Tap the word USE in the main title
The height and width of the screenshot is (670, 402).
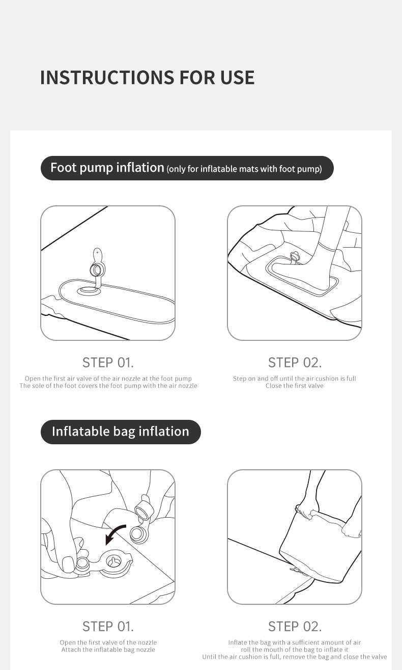coord(238,77)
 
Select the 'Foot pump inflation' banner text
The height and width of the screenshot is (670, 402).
coord(107,168)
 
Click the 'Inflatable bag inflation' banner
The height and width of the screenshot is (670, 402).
coord(121,432)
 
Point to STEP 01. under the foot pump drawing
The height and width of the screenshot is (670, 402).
coord(108,363)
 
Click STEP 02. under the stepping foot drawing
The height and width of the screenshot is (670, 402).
coord(295,363)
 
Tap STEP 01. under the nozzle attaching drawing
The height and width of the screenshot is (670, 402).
coord(108,626)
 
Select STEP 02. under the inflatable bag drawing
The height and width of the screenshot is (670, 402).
coord(295,626)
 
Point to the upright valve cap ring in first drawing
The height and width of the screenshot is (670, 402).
coord(97,270)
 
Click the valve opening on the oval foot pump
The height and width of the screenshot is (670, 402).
coord(88,290)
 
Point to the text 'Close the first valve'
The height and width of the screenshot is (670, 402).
coord(295,386)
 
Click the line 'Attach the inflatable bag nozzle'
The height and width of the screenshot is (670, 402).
coord(108,650)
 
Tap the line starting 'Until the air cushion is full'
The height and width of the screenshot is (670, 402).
coord(295,657)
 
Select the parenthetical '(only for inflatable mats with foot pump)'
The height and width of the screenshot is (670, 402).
coord(244,169)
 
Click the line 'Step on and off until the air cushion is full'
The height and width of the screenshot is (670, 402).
coord(295,379)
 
